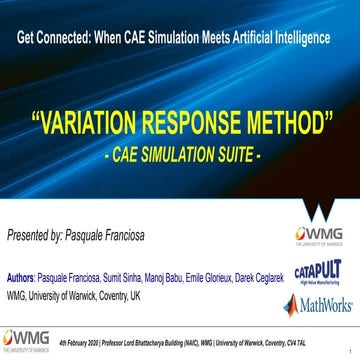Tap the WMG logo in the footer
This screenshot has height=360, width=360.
(x=24, y=340)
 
